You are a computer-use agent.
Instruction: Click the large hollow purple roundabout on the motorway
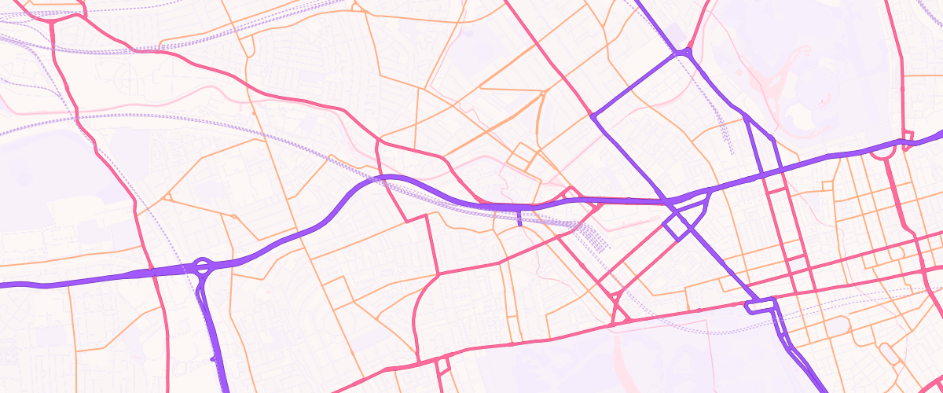pos(202,266)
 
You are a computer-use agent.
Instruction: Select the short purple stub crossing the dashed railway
pos(519,217)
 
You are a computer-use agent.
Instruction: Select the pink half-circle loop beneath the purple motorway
pos(883,153)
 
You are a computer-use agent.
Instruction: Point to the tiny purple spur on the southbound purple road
pos(213,358)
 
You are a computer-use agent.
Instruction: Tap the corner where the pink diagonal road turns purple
pos(591,116)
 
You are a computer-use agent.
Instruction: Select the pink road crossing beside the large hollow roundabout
pos(151,270)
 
